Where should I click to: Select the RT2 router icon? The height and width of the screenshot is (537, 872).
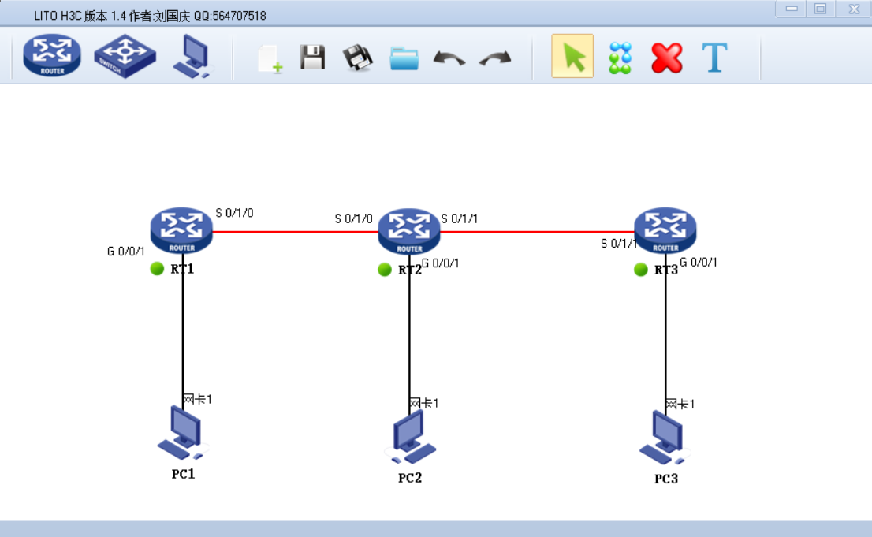click(409, 230)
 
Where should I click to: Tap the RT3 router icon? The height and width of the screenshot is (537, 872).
click(665, 230)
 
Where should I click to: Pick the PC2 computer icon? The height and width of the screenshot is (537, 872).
click(410, 438)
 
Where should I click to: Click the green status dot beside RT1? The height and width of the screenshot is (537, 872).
click(157, 269)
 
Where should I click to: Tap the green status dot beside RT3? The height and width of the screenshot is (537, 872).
click(640, 270)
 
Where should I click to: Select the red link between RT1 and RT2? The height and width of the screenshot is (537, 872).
click(296, 232)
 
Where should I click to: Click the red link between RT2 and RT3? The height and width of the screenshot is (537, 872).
click(536, 232)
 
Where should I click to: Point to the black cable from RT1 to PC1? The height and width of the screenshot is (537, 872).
click(183, 331)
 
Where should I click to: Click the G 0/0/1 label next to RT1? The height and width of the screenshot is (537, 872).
click(126, 252)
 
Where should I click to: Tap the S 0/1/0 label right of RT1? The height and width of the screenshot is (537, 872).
click(235, 213)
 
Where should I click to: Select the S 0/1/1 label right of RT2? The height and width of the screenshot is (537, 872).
click(460, 218)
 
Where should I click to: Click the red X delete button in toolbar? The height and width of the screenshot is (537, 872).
click(666, 58)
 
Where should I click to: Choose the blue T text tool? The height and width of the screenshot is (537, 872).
click(714, 58)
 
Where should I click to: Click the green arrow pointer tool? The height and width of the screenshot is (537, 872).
click(572, 57)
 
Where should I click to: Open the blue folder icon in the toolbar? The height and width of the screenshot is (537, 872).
click(404, 58)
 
